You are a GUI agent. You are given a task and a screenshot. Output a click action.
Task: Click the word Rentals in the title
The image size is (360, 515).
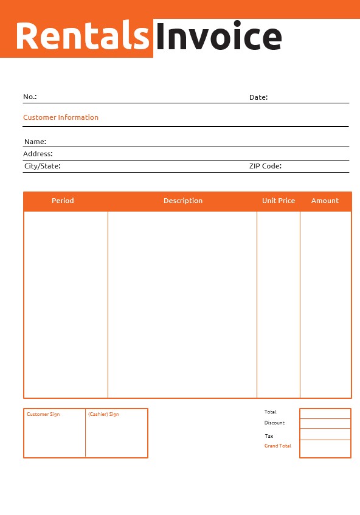pyautogui.click(x=82, y=36)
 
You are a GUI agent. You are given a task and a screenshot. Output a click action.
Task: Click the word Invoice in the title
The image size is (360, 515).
pyautogui.click(x=218, y=37)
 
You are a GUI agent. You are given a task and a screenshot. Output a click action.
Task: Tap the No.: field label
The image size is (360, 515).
pyautogui.click(x=30, y=97)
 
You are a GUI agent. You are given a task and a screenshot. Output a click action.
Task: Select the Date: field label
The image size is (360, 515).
pyautogui.click(x=258, y=97)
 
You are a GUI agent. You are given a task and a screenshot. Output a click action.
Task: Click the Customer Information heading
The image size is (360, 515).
pyautogui.click(x=61, y=117)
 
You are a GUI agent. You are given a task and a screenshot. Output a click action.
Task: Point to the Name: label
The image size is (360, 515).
pyautogui.click(x=35, y=142)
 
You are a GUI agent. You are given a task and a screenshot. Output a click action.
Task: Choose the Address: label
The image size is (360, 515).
pyautogui.click(x=38, y=154)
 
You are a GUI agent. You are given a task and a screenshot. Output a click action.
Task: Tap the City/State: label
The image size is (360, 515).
pyautogui.click(x=42, y=165)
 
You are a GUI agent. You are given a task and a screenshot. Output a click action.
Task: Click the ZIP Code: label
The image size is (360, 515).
pyautogui.click(x=265, y=165)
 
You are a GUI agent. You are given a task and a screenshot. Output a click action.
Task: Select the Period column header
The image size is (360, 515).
pyautogui.click(x=63, y=201)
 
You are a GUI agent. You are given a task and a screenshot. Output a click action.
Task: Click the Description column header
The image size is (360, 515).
pyautogui.click(x=183, y=201)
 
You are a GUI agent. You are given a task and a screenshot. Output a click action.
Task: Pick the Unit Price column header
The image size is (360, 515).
pyautogui.click(x=279, y=201)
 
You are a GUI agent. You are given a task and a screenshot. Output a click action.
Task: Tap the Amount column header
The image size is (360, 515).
pyautogui.click(x=325, y=201)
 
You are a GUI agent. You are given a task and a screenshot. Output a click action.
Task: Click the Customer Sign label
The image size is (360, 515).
pyautogui.click(x=43, y=414)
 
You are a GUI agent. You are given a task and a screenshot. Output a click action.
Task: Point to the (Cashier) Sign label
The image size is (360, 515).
pyautogui.click(x=103, y=414)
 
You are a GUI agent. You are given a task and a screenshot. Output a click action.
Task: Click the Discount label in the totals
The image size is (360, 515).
pyautogui.click(x=274, y=423)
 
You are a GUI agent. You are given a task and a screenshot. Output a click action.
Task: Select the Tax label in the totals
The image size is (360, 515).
pyautogui.click(x=269, y=436)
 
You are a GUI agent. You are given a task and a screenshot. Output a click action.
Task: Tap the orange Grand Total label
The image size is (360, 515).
pyautogui.click(x=277, y=446)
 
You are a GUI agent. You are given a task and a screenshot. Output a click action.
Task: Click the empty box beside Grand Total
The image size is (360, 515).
pyautogui.click(x=325, y=449)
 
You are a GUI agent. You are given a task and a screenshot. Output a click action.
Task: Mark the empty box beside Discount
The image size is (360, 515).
pyautogui.click(x=325, y=424)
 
